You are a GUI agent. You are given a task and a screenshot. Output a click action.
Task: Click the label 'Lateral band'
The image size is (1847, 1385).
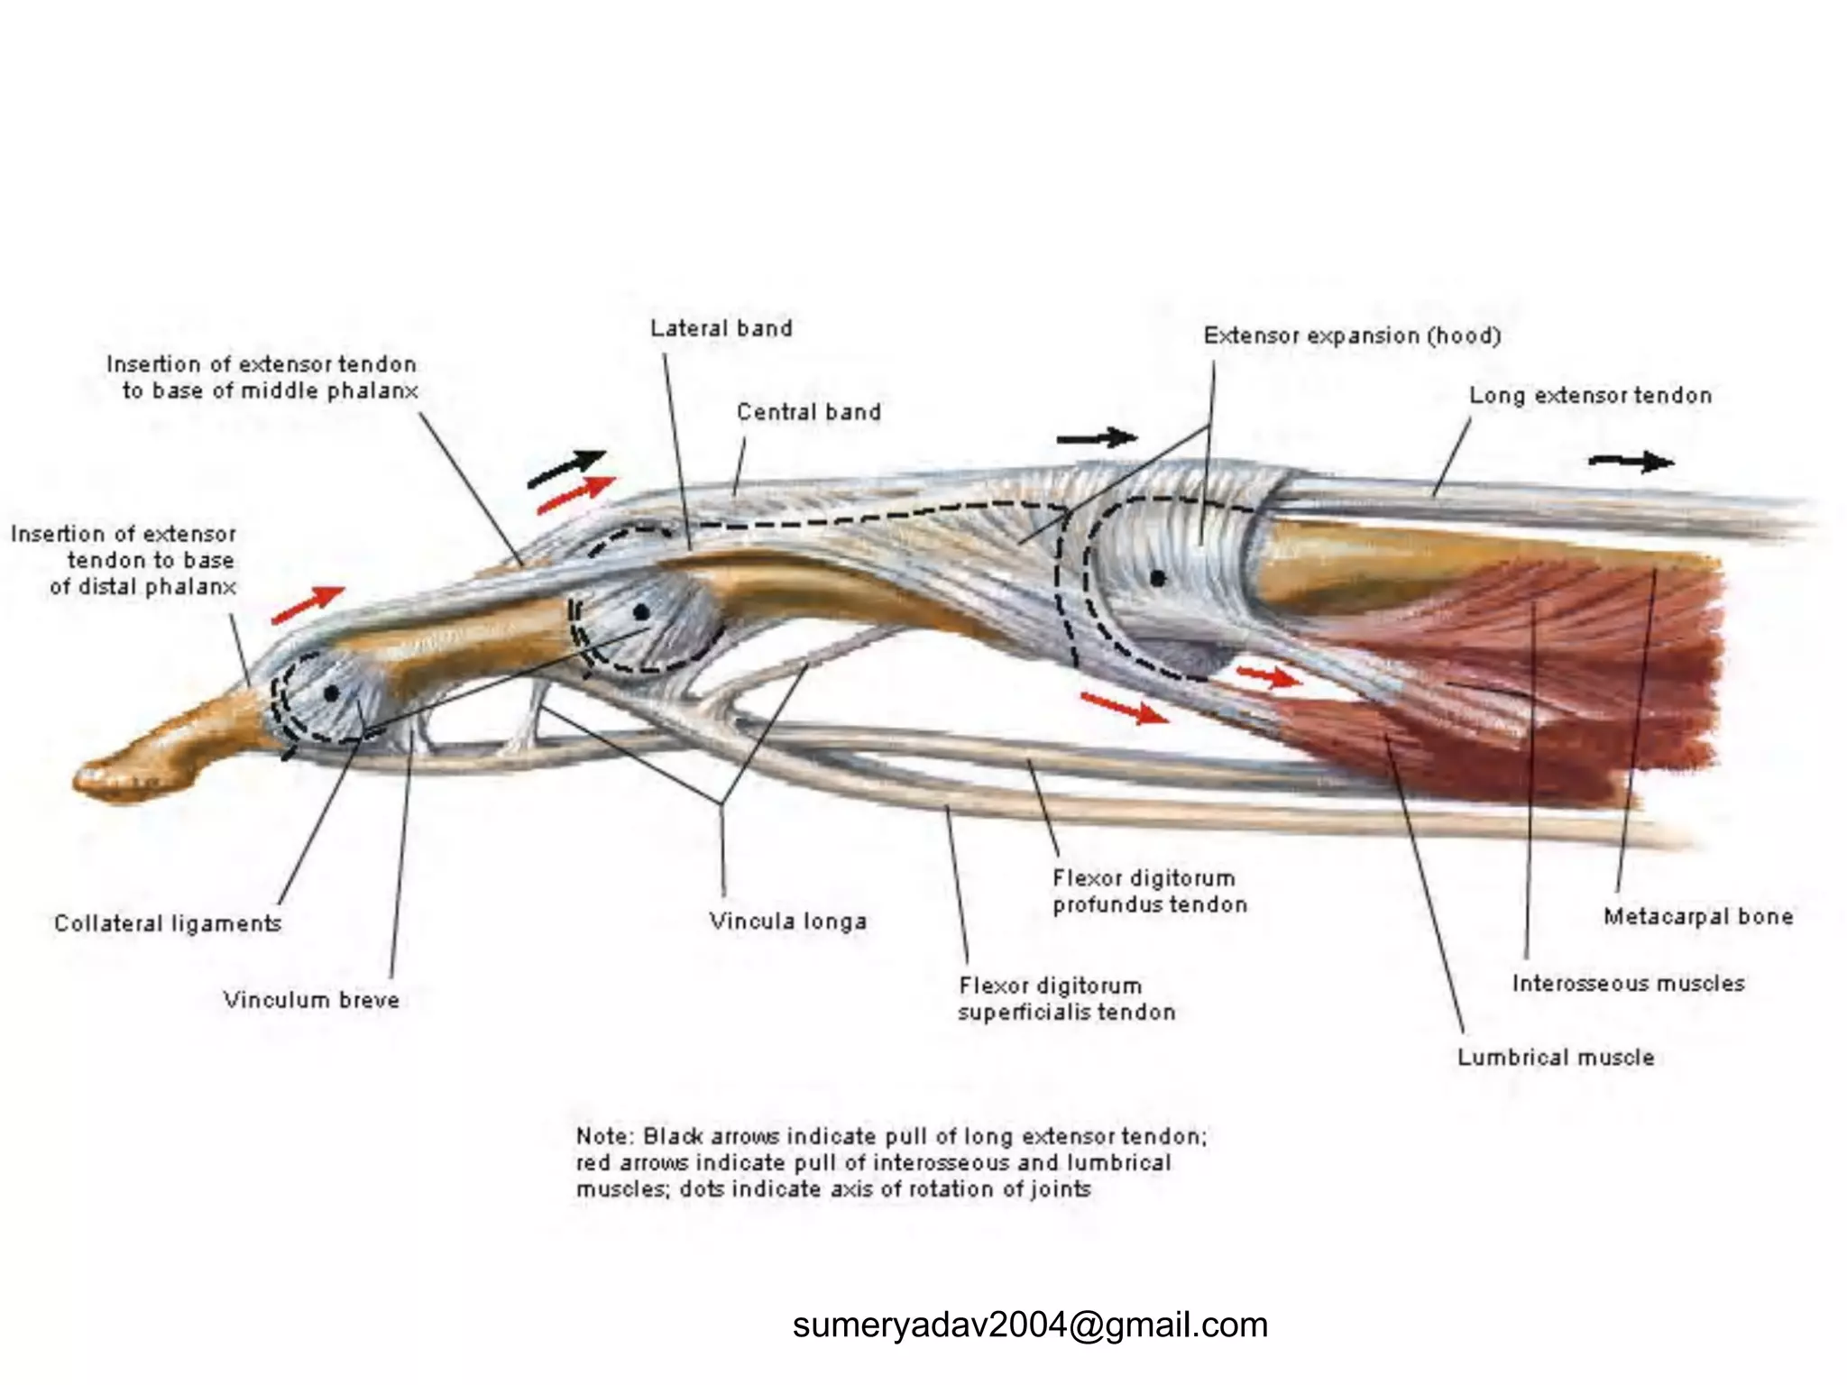[x=721, y=328]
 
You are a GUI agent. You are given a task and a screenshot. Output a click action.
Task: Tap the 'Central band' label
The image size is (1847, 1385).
[x=808, y=412]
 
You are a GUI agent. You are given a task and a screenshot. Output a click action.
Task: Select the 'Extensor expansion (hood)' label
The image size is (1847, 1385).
[x=1352, y=336]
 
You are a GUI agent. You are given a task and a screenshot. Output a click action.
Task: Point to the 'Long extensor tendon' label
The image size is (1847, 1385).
[x=1590, y=395]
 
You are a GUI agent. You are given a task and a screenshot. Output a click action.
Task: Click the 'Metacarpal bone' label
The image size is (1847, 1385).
[x=1697, y=917]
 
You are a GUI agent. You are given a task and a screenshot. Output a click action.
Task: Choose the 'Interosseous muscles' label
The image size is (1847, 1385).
[x=1628, y=983]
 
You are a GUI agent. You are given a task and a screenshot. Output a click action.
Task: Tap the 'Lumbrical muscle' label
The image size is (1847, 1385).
[x=1556, y=1057]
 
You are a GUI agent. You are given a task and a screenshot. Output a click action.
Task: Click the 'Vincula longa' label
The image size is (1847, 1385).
[x=787, y=922]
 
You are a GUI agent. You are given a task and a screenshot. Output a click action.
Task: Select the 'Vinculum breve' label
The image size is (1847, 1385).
[x=311, y=1000]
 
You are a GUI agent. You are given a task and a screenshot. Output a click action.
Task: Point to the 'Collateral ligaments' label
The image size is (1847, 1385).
[x=168, y=923]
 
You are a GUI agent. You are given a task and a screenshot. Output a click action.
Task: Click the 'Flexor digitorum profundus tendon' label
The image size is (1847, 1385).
[x=1149, y=891]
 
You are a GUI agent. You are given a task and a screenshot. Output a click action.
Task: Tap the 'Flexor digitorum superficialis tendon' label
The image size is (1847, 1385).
[x=1066, y=999]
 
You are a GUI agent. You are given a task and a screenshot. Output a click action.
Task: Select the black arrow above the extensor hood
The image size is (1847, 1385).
[x=1097, y=438]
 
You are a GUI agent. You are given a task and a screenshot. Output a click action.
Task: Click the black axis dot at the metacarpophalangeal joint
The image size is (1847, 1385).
[x=1158, y=578]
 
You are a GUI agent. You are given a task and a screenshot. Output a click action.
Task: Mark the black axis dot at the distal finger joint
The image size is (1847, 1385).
[x=331, y=693]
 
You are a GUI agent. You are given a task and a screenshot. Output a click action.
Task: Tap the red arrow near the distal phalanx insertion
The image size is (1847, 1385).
[x=308, y=604]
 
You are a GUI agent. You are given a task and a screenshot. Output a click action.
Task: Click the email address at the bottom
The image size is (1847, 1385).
[x=1030, y=1325]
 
